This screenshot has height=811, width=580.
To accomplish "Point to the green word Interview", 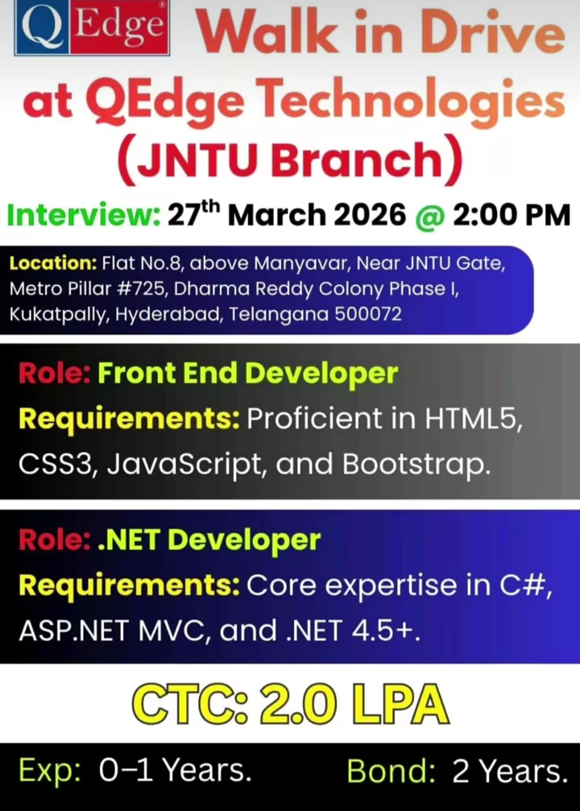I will coord(83,215).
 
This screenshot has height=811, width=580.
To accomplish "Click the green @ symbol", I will coord(429,216).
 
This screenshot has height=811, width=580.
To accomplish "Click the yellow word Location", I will coord(53,263).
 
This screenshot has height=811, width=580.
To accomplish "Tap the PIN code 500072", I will coord(368,314).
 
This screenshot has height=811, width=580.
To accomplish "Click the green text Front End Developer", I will coord(248,373).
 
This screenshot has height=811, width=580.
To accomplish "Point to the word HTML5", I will coord(473,418).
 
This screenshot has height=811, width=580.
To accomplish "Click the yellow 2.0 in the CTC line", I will coord(298,704).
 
